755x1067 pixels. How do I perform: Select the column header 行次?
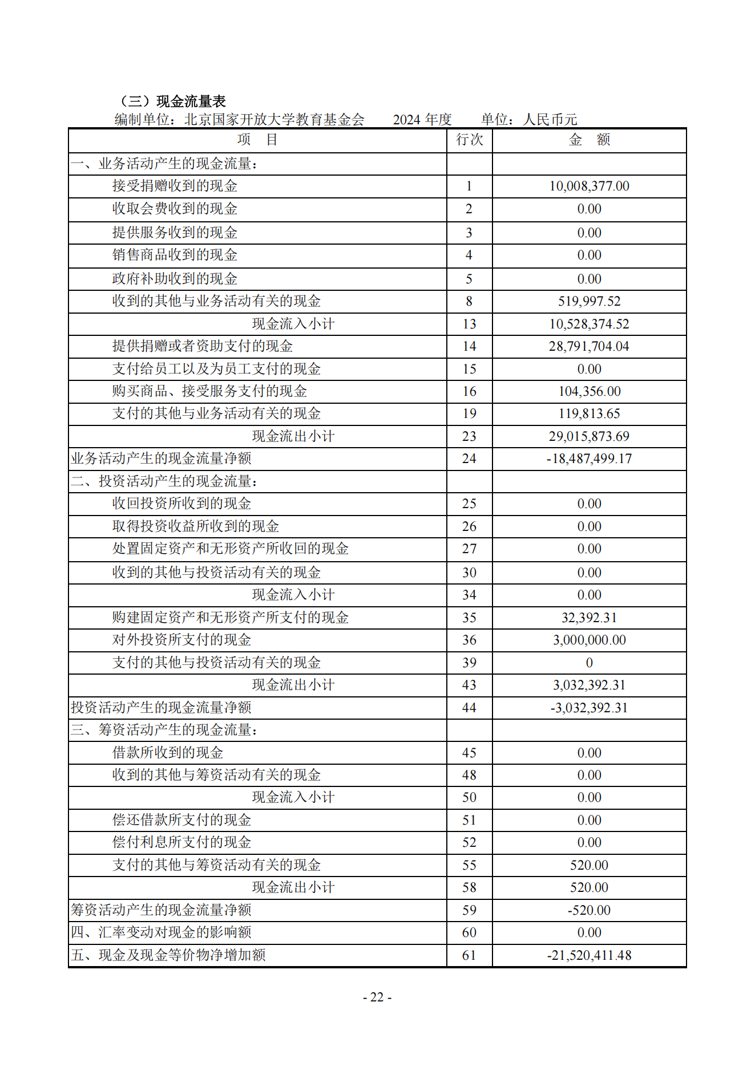(x=469, y=140)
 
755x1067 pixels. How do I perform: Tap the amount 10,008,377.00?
(x=589, y=186)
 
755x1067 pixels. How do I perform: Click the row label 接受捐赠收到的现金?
(x=175, y=186)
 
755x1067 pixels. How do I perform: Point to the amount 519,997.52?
(x=589, y=301)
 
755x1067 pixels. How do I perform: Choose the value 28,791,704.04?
(x=589, y=346)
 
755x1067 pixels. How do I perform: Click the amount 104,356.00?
(x=589, y=391)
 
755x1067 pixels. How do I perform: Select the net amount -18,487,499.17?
(x=589, y=459)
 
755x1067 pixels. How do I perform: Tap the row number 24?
(x=469, y=459)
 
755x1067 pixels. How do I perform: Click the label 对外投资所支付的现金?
(x=181, y=640)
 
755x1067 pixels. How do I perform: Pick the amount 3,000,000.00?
(x=589, y=640)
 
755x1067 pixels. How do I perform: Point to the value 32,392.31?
(x=589, y=618)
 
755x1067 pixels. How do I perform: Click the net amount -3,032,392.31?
(x=589, y=708)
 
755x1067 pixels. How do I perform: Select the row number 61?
(x=469, y=955)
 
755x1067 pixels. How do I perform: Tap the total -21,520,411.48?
(x=589, y=955)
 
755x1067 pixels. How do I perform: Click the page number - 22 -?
(x=377, y=997)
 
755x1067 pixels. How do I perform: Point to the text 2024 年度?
(x=422, y=120)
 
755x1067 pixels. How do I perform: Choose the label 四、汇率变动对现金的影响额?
(x=162, y=932)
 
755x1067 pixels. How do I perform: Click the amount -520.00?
(x=589, y=910)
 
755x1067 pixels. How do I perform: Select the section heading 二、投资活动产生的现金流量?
(x=164, y=481)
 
